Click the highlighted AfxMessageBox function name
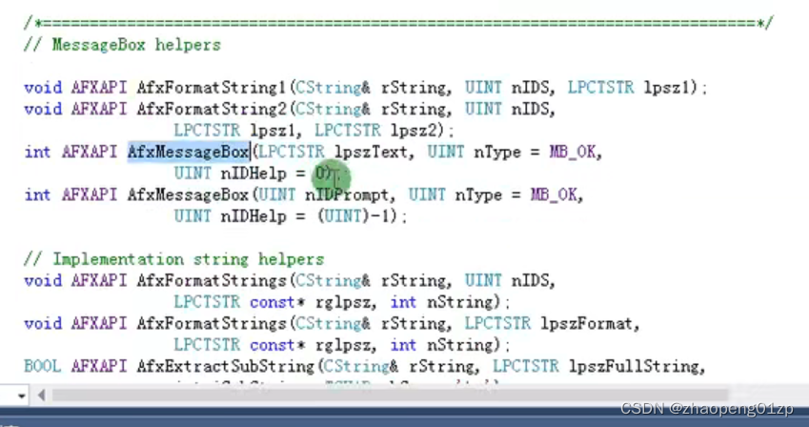pos(188,152)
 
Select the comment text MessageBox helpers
pos(136,45)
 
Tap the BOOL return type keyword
pos(42,367)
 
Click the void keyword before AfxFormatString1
pos(42,88)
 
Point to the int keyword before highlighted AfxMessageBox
pos(37,152)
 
